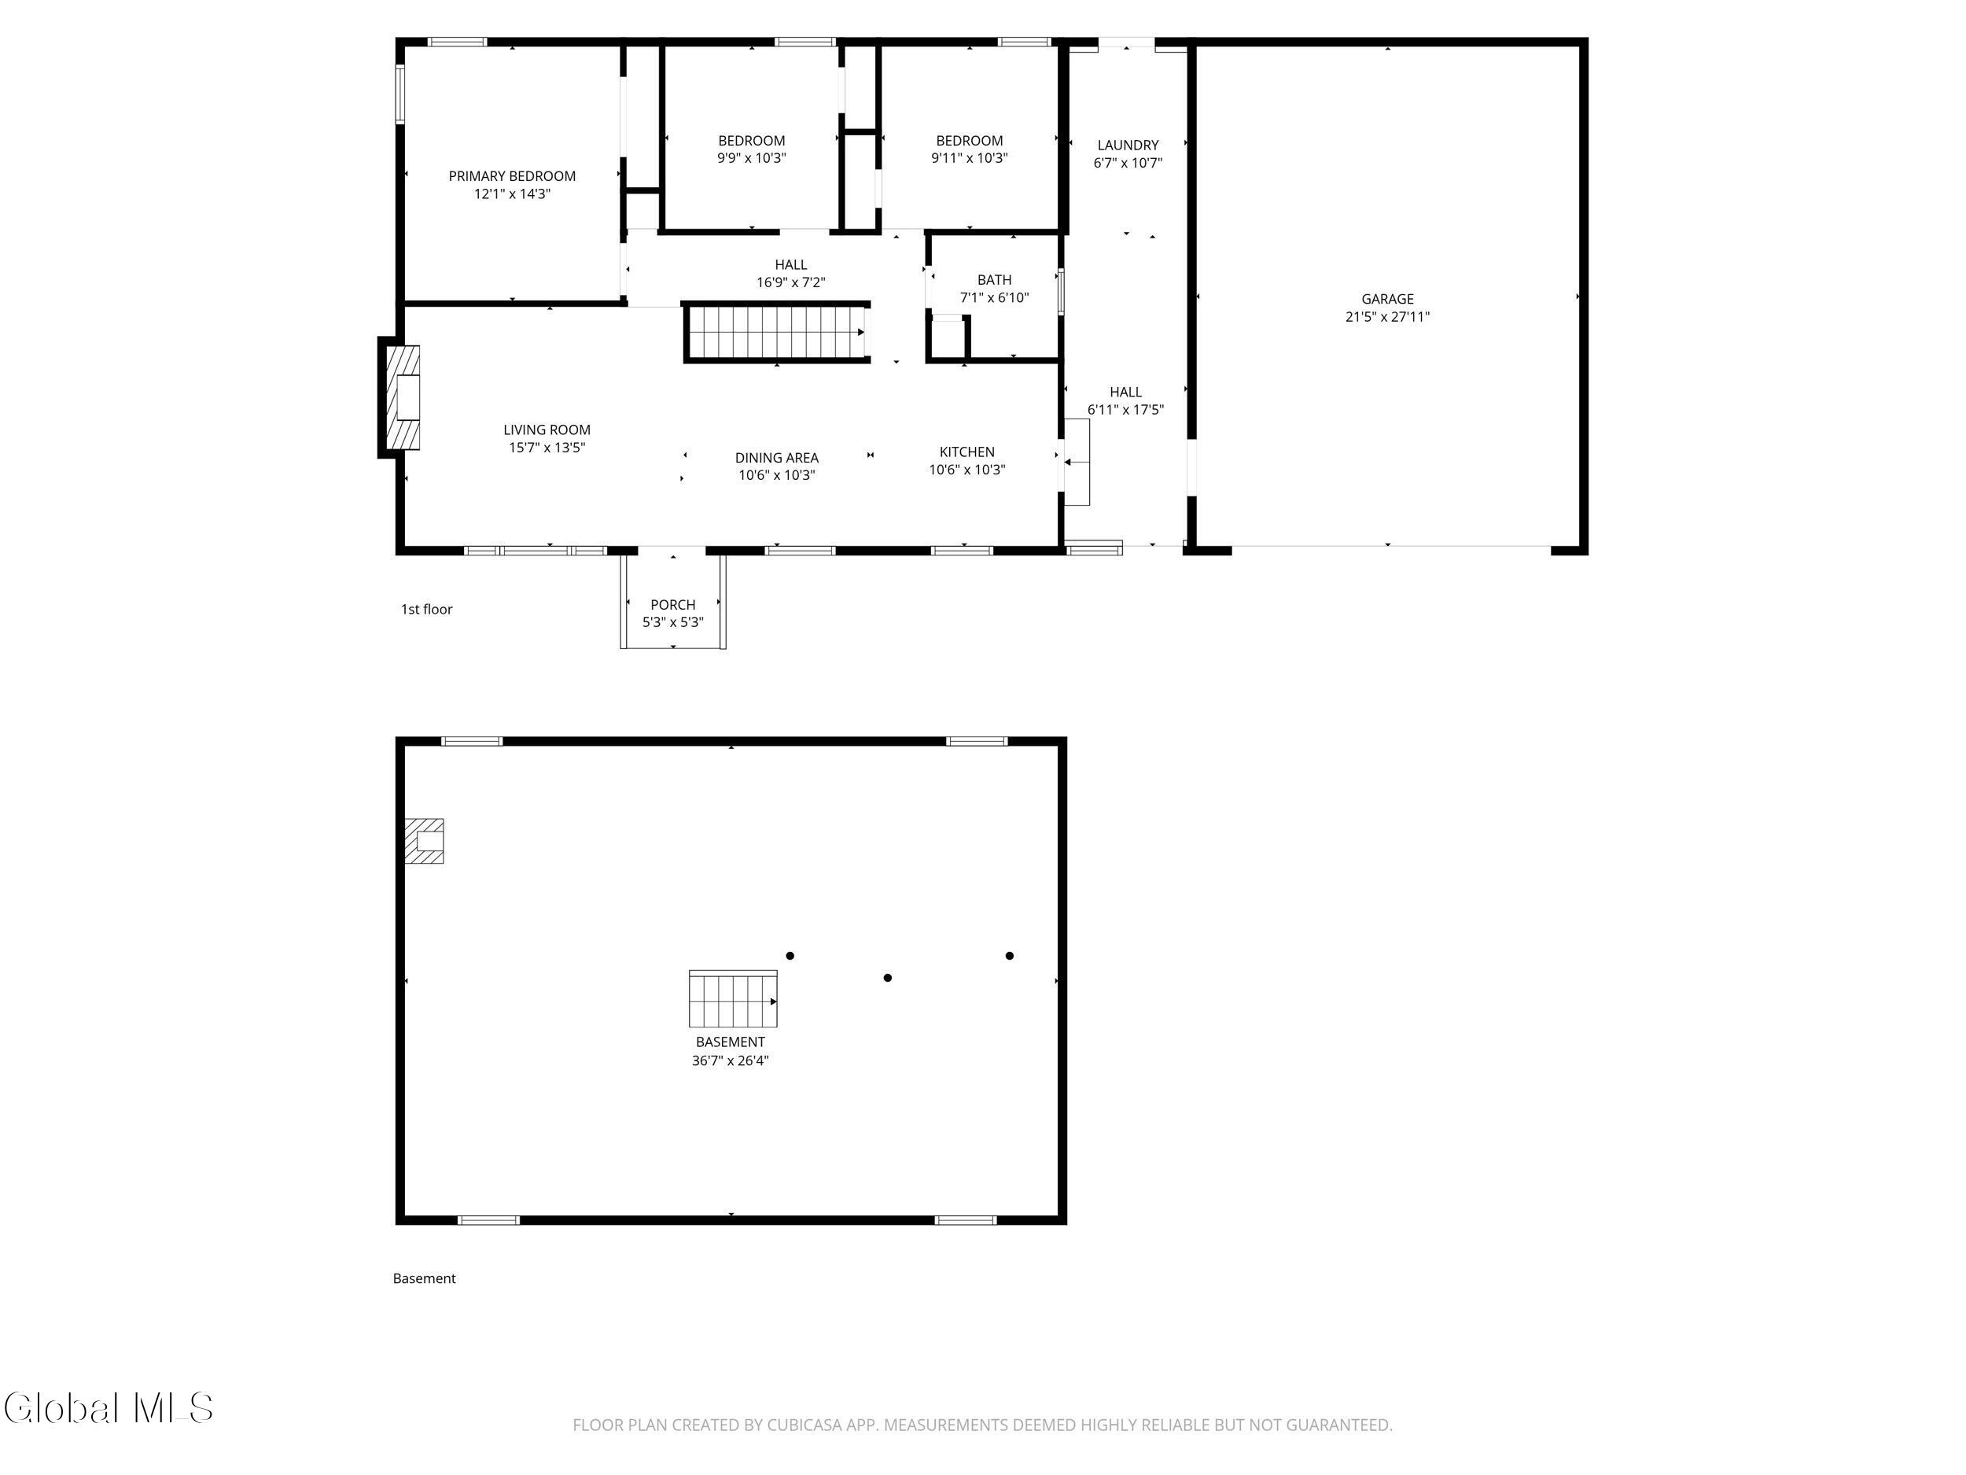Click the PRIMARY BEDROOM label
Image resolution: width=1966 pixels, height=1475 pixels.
tap(512, 176)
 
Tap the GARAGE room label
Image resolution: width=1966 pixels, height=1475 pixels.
tap(1387, 299)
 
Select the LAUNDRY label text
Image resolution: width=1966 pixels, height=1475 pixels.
tap(1128, 145)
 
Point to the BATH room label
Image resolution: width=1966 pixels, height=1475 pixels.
tap(995, 280)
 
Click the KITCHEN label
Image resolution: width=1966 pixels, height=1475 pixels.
tap(967, 452)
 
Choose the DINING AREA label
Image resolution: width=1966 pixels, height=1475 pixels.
tap(777, 458)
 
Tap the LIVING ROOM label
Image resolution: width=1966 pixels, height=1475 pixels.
tap(547, 430)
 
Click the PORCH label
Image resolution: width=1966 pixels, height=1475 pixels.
tap(673, 605)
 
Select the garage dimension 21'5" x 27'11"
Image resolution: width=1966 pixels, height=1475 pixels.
tap(1387, 316)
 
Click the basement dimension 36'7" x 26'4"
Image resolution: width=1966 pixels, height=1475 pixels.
tap(731, 1060)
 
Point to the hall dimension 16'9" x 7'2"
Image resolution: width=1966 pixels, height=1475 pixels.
tap(791, 282)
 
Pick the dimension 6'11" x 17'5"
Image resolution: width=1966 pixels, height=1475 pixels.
tap(1126, 410)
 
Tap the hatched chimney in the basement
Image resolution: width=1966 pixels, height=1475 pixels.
tap(424, 841)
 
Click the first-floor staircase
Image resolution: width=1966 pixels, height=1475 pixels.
tap(777, 333)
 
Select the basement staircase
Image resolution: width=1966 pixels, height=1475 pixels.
tap(733, 999)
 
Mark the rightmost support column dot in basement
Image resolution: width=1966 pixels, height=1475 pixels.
tap(1010, 956)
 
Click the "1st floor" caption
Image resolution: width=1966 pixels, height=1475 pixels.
tap(426, 609)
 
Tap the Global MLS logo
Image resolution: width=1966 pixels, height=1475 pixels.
tap(109, 1408)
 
